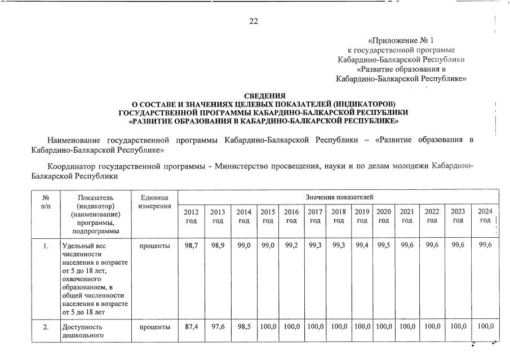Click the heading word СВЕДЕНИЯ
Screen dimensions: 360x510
click(x=264, y=96)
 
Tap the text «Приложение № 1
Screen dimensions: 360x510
click(x=401, y=41)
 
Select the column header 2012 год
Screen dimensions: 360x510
click(x=192, y=216)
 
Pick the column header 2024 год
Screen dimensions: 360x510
click(x=485, y=216)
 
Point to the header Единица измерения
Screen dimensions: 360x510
click(x=154, y=202)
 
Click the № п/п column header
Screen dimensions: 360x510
click(x=46, y=202)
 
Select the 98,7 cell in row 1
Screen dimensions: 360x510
click(x=192, y=246)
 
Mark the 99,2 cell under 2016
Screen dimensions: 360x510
click(x=291, y=246)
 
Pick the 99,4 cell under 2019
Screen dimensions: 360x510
click(x=362, y=246)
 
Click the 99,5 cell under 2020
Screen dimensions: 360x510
click(x=384, y=246)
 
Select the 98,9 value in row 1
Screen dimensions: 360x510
click(x=218, y=246)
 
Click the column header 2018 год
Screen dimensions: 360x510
click(x=338, y=216)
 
